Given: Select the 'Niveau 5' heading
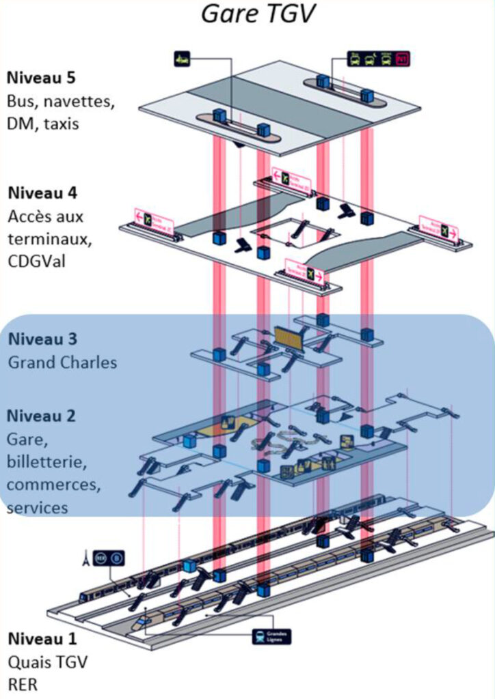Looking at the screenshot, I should [41, 77].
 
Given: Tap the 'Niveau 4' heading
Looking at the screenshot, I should [41, 192].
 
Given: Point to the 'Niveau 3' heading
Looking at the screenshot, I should [42, 339].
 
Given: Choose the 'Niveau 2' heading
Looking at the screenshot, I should [42, 415].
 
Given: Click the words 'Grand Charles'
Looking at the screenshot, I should [62, 362].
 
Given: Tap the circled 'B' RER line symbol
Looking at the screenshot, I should [117, 558].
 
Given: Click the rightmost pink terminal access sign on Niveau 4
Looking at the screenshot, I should [438, 231].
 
